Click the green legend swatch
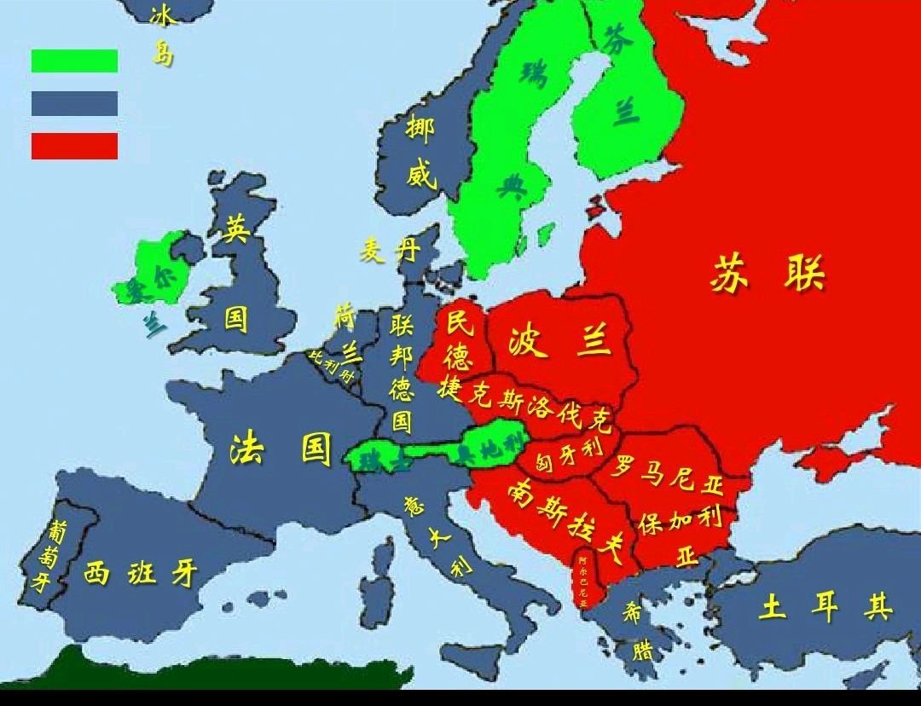74,61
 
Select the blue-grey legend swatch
74,103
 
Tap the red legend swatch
74,146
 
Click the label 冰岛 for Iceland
161,35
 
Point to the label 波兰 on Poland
559,340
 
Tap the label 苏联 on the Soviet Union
767,275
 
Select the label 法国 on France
281,448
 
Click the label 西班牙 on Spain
141,573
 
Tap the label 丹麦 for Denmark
390,251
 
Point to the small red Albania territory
583,580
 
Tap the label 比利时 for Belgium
332,365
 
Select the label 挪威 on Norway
420,153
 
